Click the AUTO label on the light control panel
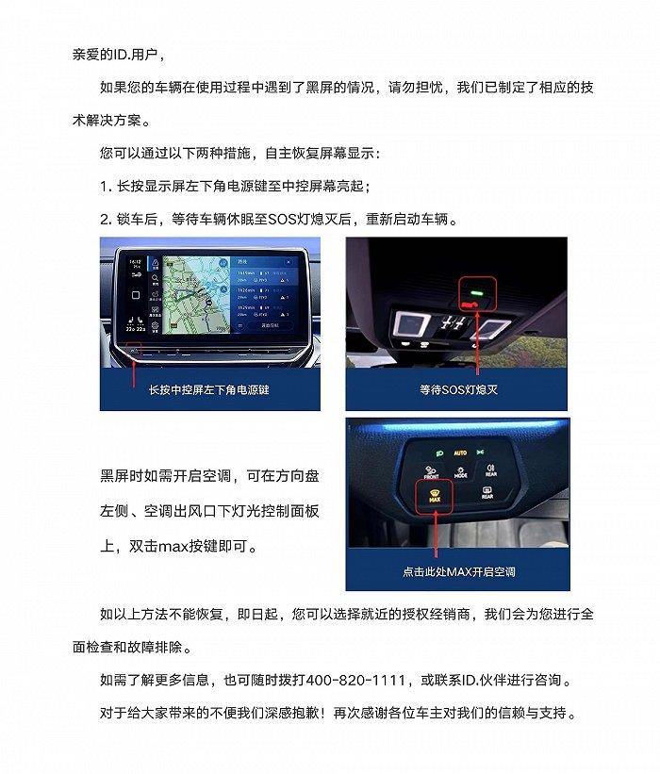(461, 453)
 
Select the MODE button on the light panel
(461, 472)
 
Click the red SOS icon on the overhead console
(469, 305)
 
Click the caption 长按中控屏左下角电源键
(209, 388)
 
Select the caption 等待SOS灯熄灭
(458, 388)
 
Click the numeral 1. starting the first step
(106, 186)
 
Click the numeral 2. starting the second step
(106, 220)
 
